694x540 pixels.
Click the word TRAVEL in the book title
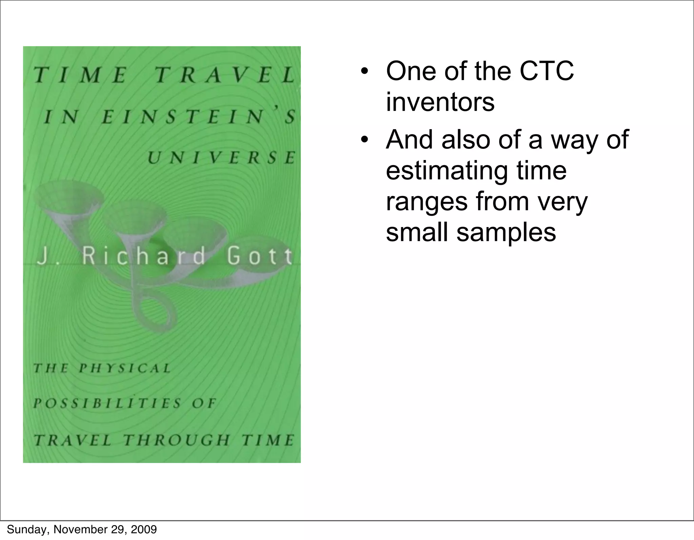click(225, 75)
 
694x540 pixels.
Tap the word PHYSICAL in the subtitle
click(125, 368)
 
